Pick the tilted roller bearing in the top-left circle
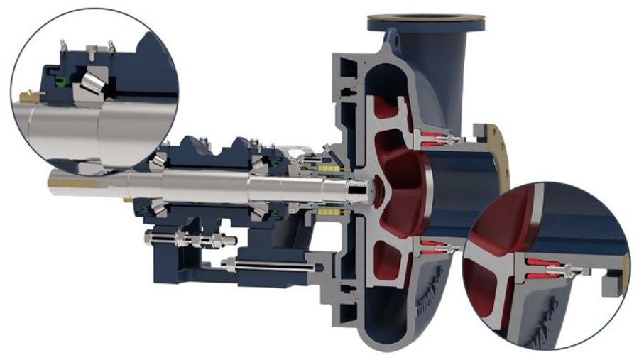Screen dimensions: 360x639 point(92,82)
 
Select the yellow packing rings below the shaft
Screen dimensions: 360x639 point(329,212)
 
